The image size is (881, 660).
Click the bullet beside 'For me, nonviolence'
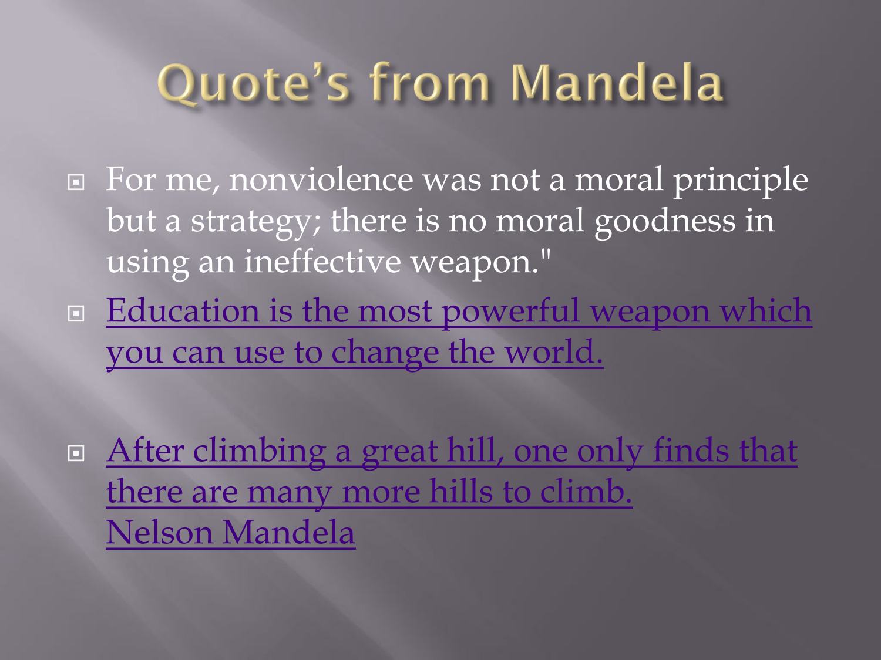(76, 182)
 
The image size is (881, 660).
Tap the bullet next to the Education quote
(76, 314)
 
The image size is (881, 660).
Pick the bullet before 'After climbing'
(76, 453)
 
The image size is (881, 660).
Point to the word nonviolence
(321, 180)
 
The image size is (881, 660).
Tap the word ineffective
(322, 261)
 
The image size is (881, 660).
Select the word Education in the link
(183, 311)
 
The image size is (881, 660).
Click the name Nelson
(159, 533)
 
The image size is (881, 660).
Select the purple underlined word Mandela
(288, 533)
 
